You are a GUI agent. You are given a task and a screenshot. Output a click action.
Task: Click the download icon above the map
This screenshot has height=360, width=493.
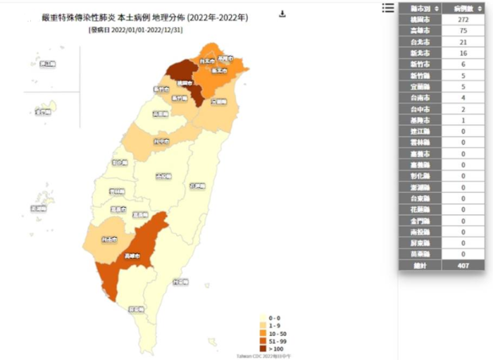pos(282,13)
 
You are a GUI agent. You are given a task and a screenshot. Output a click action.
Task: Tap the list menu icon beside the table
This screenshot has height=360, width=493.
pos(388,8)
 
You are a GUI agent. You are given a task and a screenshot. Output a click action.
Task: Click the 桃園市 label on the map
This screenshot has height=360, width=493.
pos(185,82)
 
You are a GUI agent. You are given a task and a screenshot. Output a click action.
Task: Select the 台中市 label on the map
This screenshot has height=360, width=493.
pos(161,141)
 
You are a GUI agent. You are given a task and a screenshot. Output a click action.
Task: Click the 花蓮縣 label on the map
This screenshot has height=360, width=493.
pos(197,186)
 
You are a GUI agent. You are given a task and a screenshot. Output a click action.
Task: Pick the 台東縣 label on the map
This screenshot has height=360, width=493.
pos(180,281)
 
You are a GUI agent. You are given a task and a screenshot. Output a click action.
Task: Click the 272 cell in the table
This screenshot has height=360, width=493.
pos(463,19)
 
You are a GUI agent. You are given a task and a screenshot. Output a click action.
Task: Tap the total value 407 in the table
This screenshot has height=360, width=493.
pos(463,265)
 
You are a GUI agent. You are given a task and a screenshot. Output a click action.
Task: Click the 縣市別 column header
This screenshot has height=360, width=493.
pos(420,8)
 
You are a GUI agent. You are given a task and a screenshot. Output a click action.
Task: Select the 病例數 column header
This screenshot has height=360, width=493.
pos(463,8)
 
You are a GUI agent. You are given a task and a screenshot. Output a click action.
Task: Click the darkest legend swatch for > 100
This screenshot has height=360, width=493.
pos(263,347)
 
